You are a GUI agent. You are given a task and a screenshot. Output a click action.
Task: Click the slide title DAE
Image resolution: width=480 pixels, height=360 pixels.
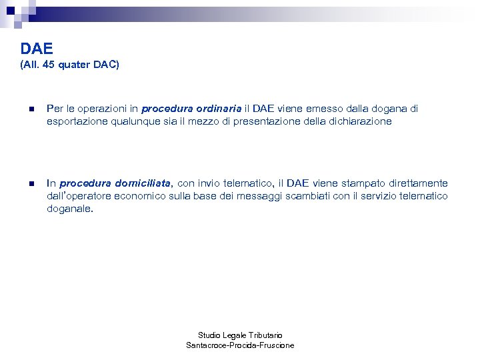click(37, 49)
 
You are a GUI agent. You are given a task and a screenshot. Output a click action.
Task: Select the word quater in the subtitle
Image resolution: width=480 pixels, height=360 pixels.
click(77, 65)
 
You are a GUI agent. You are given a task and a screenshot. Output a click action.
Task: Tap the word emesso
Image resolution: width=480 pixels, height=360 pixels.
click(317, 109)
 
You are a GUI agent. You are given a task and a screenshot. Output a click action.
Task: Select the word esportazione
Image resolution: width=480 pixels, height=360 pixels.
click(76, 122)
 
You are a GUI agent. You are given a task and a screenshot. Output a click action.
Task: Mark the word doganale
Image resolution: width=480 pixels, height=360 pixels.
click(69, 209)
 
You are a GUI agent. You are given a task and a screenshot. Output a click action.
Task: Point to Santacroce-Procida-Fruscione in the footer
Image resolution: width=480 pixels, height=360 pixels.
click(240, 345)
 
